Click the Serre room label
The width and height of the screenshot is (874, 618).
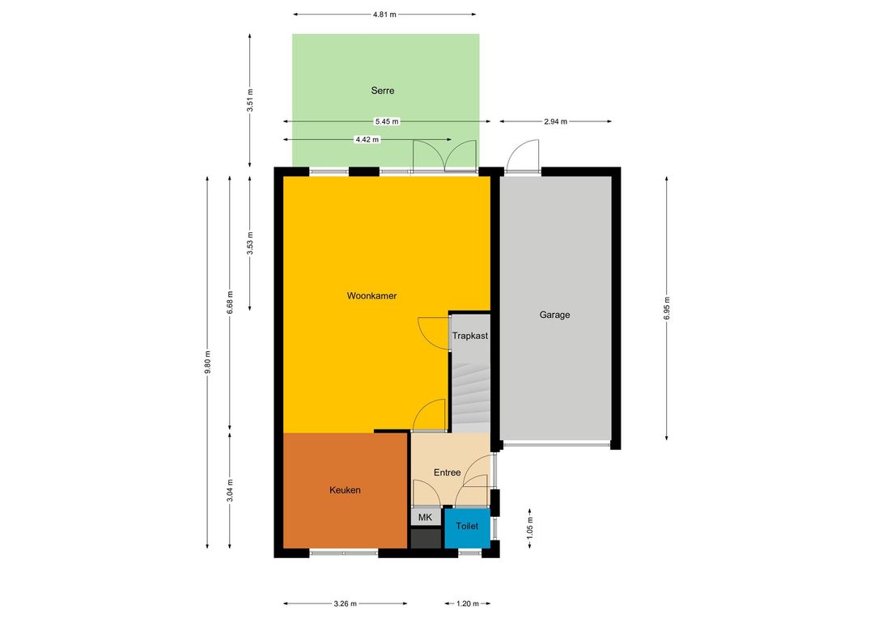point(382,91)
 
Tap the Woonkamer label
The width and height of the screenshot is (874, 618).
point(371,296)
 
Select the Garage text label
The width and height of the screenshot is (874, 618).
point(554,315)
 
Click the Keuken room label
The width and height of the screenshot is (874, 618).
point(345,490)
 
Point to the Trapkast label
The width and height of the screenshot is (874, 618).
point(470,336)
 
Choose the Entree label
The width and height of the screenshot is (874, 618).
point(447,472)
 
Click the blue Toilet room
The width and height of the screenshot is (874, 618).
point(467,527)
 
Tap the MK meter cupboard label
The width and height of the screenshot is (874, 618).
point(426,518)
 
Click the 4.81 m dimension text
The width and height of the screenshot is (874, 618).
point(384,15)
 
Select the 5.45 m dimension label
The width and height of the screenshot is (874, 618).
point(387,121)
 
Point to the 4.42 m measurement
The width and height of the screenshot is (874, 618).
point(367,140)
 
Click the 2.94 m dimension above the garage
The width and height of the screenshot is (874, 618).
point(556,121)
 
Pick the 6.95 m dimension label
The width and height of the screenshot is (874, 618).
point(667,308)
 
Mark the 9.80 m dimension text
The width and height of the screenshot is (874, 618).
point(207,362)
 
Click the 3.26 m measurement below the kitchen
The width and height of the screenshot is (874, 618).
point(345,603)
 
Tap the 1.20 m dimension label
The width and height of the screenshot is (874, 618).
point(468,603)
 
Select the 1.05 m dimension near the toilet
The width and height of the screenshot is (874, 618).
point(529,527)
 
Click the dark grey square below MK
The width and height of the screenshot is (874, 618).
point(426,538)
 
